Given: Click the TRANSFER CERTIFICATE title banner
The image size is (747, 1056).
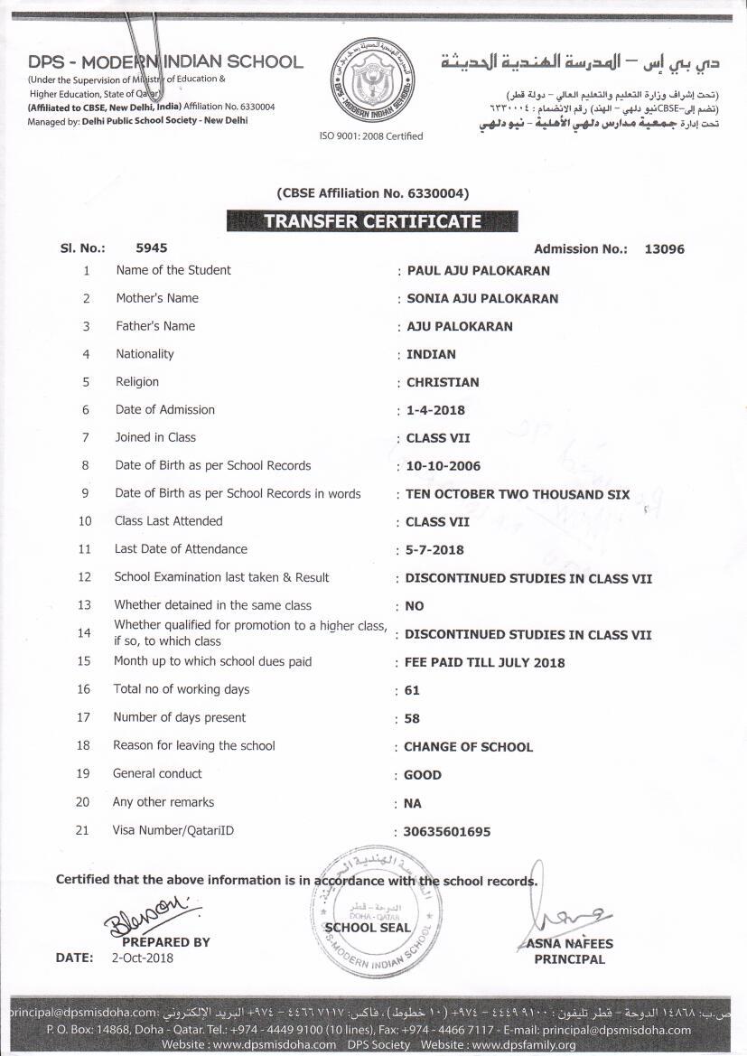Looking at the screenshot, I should pos(372,221).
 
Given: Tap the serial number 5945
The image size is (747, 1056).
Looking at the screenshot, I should pos(151,248).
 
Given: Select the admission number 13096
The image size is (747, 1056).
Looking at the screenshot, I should pos(664,249).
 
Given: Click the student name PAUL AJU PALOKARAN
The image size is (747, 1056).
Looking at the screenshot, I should pos(478,270).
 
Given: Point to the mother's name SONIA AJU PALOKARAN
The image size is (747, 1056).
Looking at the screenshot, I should pos(482,298).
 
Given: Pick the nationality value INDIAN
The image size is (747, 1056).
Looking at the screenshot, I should pos(431,354).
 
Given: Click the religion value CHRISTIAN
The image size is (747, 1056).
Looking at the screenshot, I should pos(443,382).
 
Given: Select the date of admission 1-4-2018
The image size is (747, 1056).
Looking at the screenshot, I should pos(435,410).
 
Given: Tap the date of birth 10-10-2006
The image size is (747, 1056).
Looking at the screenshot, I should pos(443,466).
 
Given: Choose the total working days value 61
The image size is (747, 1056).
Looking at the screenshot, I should pos(413,691).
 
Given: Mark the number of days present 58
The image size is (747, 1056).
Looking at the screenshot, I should pos(413,719).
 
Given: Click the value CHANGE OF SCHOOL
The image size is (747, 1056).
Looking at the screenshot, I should pos(468,747).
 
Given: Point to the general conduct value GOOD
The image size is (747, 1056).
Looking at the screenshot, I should pos(423,775).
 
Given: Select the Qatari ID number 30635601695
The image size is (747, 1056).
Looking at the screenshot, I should pos(448,832).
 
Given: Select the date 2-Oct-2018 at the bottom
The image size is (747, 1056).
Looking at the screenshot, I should pos(143,958).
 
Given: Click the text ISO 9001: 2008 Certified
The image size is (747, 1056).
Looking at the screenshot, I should pos(371,136).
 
